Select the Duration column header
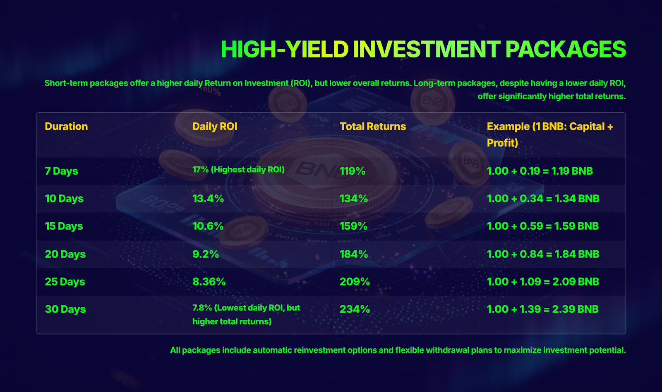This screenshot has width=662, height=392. click(66, 126)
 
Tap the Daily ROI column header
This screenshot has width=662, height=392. click(215, 126)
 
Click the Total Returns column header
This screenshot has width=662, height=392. click(373, 126)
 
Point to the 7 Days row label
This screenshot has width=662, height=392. click(61, 171)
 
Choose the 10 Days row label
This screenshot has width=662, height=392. click(64, 199)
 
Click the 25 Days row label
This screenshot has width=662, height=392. click(65, 282)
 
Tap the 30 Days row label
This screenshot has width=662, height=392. click(65, 309)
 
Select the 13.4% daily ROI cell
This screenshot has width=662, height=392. click(208, 199)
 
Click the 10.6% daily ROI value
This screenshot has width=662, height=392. click(208, 226)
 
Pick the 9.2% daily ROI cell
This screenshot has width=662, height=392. click(206, 254)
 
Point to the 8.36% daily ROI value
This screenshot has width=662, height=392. click(209, 282)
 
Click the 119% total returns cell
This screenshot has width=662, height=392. click(353, 171)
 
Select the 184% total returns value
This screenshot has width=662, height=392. click(354, 254)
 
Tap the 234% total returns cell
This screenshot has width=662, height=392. click(355, 309)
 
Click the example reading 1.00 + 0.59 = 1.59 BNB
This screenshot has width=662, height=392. click(543, 226)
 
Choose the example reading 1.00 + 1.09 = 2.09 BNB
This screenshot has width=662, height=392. click(543, 282)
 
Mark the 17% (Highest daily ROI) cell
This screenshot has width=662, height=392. click(238, 170)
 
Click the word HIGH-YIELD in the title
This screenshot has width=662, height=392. click(285, 49)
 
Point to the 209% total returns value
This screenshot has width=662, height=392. click(355, 282)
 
